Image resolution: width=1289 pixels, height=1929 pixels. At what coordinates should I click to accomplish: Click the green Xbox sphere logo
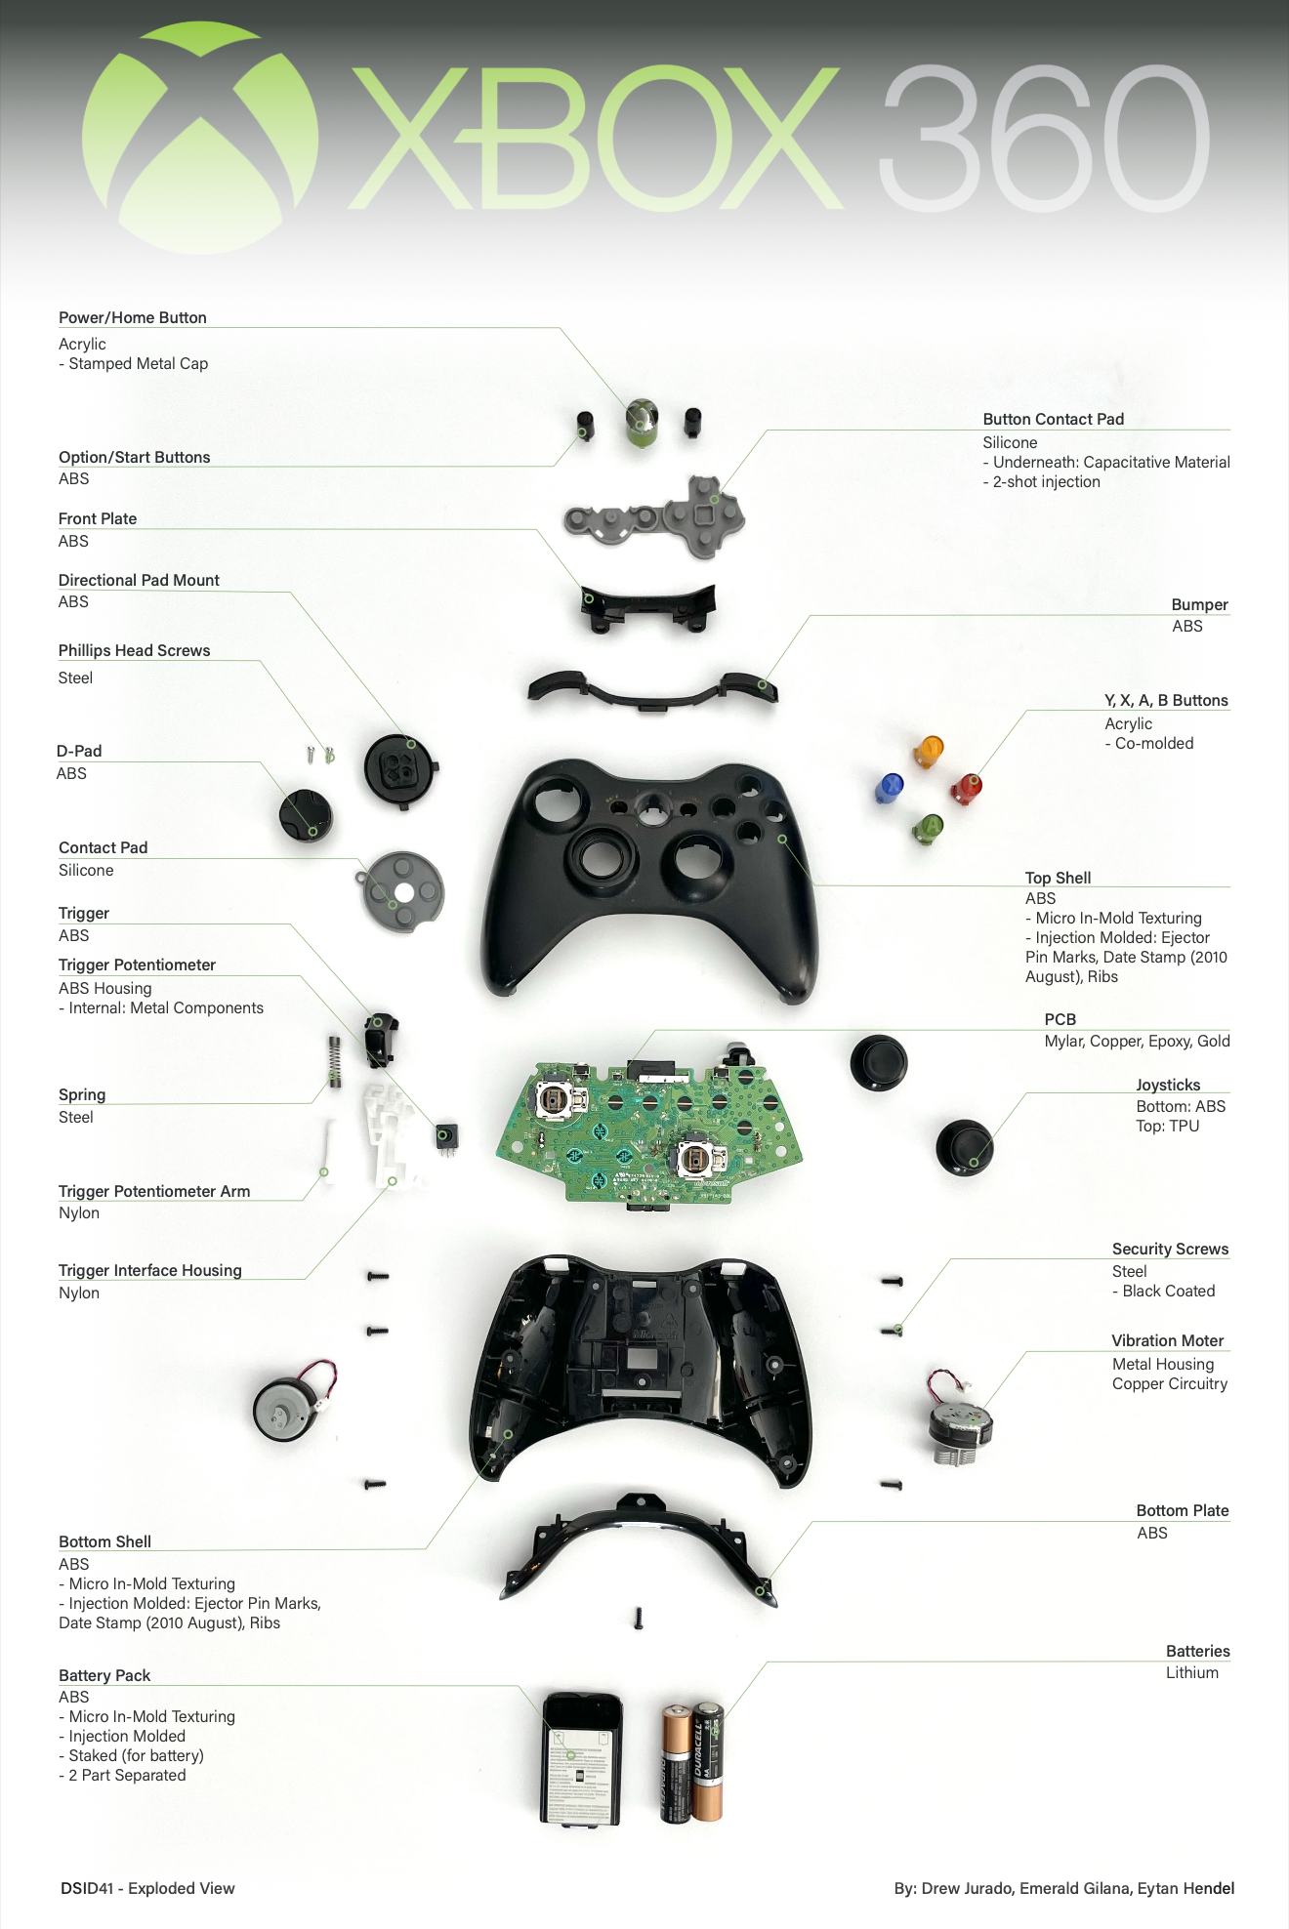pyautogui.click(x=200, y=138)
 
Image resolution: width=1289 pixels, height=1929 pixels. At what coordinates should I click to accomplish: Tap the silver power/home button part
pyautogui.click(x=641, y=423)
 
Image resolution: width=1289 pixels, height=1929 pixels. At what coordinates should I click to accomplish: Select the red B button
pyautogui.click(x=967, y=787)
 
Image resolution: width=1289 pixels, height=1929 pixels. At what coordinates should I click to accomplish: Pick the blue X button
pyautogui.click(x=890, y=787)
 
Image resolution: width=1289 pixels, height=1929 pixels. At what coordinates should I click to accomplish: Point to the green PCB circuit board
pyautogui.click(x=649, y=1132)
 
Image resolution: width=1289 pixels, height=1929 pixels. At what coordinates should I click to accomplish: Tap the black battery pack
pyautogui.click(x=582, y=1758)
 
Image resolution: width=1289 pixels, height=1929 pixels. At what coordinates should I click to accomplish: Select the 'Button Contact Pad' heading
pyautogui.click(x=1053, y=419)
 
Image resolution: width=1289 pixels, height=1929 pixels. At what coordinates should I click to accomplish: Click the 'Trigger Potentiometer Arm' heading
pyautogui.click(x=154, y=1191)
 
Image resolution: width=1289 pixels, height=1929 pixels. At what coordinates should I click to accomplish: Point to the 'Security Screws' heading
pyautogui.click(x=1170, y=1249)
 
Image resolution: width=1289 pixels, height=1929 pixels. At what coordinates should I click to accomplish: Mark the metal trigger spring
pyautogui.click(x=335, y=1060)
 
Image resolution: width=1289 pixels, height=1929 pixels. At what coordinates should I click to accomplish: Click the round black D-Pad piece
pyautogui.click(x=306, y=816)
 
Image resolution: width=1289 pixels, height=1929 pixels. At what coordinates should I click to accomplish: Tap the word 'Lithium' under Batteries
pyautogui.click(x=1191, y=1672)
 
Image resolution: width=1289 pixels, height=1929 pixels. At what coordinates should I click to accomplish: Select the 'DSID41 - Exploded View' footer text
pyautogui.click(x=147, y=1888)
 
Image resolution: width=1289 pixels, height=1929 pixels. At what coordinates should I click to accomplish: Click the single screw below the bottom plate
pyautogui.click(x=639, y=1619)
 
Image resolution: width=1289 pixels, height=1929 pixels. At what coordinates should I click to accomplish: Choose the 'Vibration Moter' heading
pyautogui.click(x=1167, y=1340)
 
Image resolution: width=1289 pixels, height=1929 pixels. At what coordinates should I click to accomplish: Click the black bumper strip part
pyautogui.click(x=652, y=691)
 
